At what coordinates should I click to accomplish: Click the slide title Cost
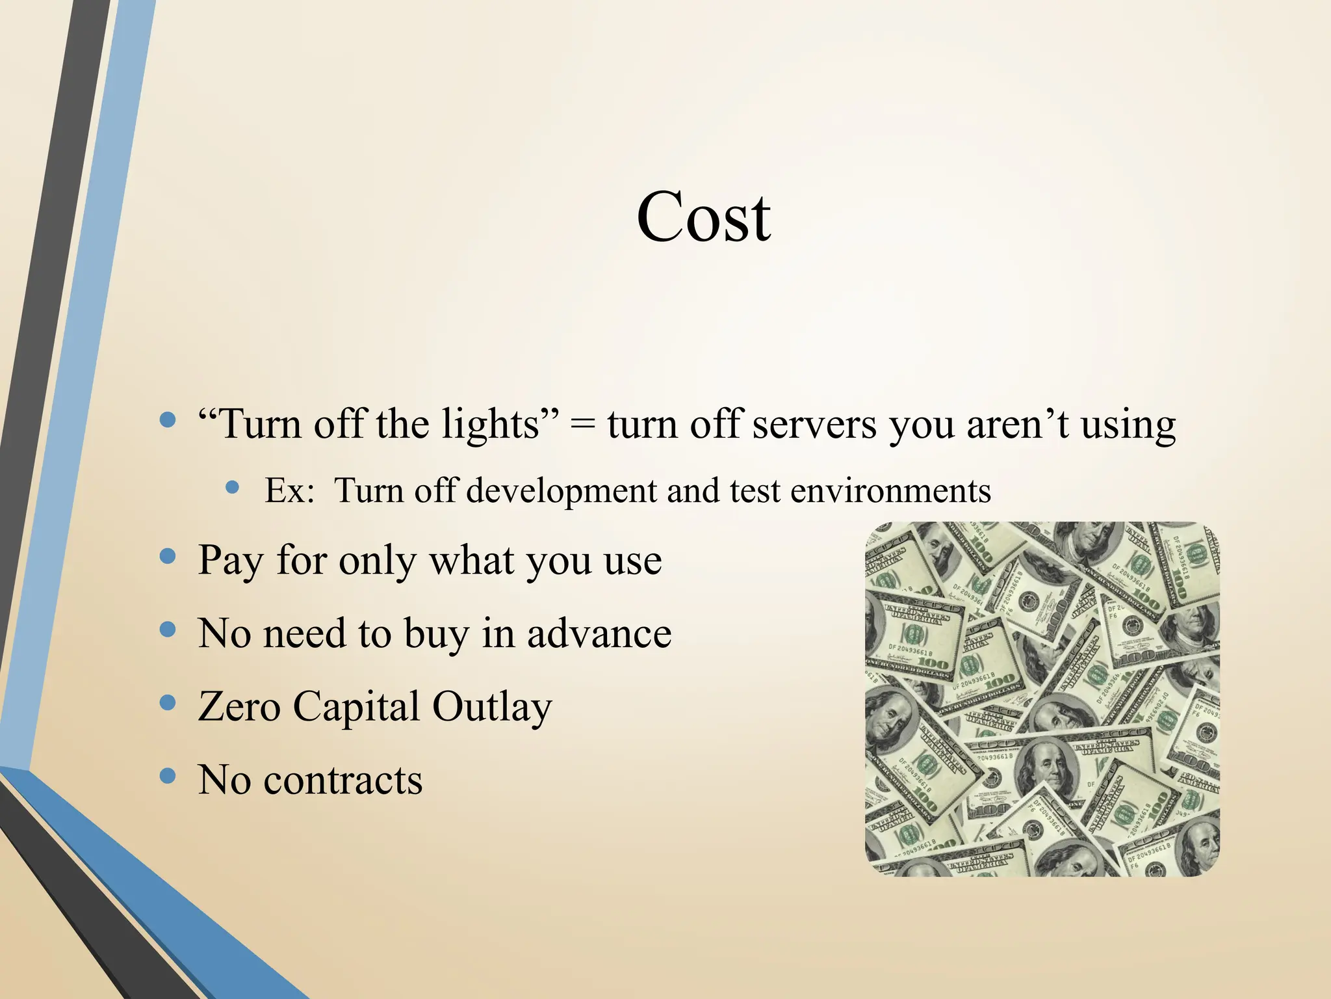click(703, 217)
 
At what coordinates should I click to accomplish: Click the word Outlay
click(492, 708)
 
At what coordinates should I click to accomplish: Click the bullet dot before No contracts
click(168, 775)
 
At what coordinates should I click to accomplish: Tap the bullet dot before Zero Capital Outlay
click(168, 702)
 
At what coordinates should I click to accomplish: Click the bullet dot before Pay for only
click(168, 556)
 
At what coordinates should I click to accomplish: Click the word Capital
click(356, 708)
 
